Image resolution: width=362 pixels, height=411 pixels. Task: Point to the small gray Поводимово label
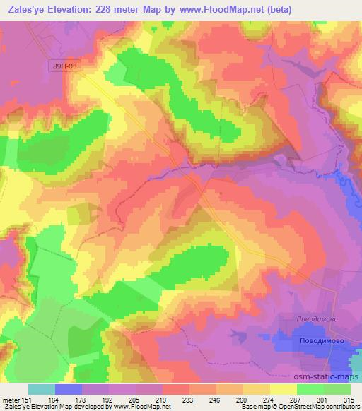pyautogui.click(x=315, y=318)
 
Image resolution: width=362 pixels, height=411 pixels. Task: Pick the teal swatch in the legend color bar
pyautogui.click(x=41, y=389)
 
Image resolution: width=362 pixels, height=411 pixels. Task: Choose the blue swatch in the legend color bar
pyautogui.click(x=68, y=389)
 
